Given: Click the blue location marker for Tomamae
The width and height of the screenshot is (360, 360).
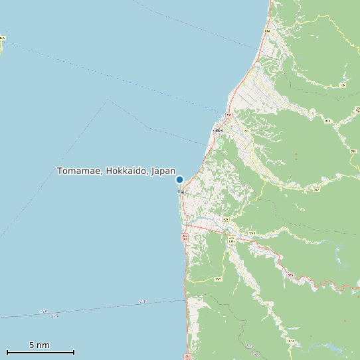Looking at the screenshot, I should (x=179, y=179).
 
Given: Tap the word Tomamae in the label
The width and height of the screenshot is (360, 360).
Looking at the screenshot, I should (x=79, y=171).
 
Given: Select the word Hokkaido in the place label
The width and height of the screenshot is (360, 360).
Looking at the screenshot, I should (x=127, y=171).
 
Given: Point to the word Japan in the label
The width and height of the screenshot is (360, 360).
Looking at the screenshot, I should (x=163, y=171).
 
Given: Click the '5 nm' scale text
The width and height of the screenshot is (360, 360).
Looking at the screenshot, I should (x=39, y=345).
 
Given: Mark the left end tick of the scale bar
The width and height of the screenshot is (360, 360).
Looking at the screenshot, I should (x=7, y=352).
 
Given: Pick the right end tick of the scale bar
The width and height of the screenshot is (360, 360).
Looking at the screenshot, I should (x=74, y=352).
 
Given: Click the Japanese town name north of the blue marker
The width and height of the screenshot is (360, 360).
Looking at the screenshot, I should (x=218, y=131).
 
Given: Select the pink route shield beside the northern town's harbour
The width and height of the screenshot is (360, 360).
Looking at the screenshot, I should (x=230, y=116).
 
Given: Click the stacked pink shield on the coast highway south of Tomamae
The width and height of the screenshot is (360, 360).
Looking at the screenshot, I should (x=185, y=238).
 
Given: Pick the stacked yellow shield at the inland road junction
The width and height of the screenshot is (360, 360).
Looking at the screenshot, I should (x=231, y=240).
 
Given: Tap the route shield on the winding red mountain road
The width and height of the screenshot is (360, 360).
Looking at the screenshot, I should (x=290, y=274).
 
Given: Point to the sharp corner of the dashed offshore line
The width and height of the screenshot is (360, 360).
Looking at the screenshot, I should (x=107, y=100).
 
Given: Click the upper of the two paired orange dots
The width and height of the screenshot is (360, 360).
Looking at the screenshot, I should (x=296, y=155).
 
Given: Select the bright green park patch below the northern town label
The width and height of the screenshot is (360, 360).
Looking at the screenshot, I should (x=221, y=141).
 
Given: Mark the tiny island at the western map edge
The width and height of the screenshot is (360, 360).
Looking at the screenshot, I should (x=1, y=39).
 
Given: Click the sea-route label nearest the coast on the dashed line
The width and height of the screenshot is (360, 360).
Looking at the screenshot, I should (x=142, y=302).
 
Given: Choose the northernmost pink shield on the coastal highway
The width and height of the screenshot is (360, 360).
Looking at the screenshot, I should (x=267, y=31).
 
